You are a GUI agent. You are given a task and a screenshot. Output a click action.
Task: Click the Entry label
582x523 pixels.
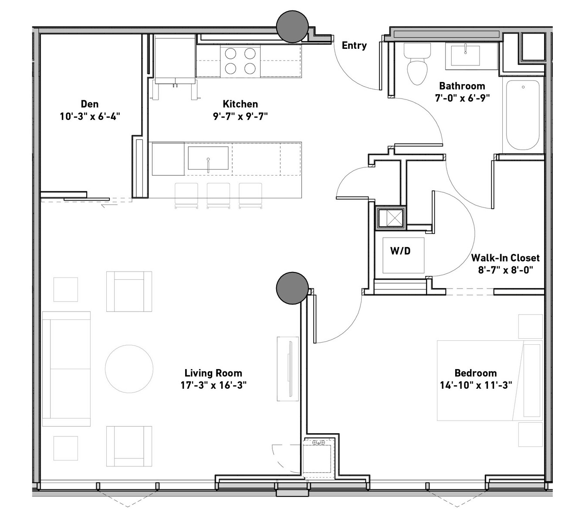(354, 45)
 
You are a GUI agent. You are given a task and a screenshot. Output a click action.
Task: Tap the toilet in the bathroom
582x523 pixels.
(417, 64)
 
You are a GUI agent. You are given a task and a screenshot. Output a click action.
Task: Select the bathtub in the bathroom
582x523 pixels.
(522, 115)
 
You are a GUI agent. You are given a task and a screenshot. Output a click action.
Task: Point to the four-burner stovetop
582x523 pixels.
(240, 61)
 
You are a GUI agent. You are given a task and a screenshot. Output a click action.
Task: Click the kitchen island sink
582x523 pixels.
(208, 158)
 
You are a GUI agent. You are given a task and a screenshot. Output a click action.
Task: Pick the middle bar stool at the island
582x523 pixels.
(218, 195)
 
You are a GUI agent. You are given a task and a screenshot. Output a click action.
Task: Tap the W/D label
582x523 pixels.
(400, 251)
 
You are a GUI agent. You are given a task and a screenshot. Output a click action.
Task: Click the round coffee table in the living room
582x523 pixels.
(129, 368)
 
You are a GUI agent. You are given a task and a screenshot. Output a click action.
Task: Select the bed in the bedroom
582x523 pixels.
(490, 380)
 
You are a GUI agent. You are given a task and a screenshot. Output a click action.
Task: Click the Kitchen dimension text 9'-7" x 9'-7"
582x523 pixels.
(240, 116)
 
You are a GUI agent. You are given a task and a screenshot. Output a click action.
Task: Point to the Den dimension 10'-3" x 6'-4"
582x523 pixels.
(90, 116)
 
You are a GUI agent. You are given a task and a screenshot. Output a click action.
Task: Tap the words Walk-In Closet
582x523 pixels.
(505, 258)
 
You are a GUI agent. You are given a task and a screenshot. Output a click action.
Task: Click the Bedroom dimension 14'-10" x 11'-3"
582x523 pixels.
(476, 385)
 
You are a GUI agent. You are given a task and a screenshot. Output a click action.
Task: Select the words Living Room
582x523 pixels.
(213, 373)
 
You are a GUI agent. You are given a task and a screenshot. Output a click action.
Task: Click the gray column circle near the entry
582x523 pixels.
(292, 27)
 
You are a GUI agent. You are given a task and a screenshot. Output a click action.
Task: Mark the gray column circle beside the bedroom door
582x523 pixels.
(292, 288)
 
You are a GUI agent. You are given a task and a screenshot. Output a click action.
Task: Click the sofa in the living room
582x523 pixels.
(66, 369)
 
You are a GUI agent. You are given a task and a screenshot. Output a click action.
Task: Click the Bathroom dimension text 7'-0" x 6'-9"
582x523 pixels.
(462, 98)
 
